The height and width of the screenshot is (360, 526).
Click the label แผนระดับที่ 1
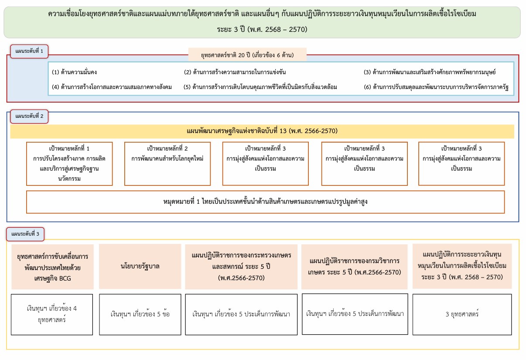pos(29,51)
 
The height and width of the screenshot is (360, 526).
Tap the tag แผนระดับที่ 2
pos(29,117)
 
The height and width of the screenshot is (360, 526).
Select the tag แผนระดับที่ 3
pos(25,234)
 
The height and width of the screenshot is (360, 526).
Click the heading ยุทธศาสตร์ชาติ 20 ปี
pos(247,55)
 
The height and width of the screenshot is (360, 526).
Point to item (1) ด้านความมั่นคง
pos(74,72)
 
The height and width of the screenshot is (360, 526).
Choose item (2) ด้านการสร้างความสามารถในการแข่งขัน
pos(235,72)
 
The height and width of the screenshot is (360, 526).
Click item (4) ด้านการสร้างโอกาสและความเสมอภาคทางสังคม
pos(112,87)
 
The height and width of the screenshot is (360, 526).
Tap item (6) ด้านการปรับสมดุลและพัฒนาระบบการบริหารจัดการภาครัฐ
pos(436,87)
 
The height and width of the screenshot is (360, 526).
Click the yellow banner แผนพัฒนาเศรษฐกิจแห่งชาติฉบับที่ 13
pos(262,131)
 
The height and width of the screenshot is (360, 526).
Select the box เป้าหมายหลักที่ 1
pos(69,164)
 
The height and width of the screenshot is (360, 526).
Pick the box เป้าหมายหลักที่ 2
pos(167,164)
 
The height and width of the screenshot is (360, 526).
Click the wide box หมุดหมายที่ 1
pos(265,202)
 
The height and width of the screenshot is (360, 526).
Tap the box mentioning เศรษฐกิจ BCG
pos(53,267)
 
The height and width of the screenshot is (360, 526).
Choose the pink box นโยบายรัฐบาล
pos(140,267)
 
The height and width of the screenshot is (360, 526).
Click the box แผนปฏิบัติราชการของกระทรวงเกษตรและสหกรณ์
pos(241,267)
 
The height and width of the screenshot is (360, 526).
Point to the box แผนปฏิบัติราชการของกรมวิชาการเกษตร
pos(354,267)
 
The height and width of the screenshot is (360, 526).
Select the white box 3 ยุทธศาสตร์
pos(462,315)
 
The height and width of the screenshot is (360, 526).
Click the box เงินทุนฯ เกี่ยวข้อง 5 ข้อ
pos(140,315)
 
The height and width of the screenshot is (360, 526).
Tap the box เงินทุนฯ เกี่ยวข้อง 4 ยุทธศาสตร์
pos(52,315)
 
